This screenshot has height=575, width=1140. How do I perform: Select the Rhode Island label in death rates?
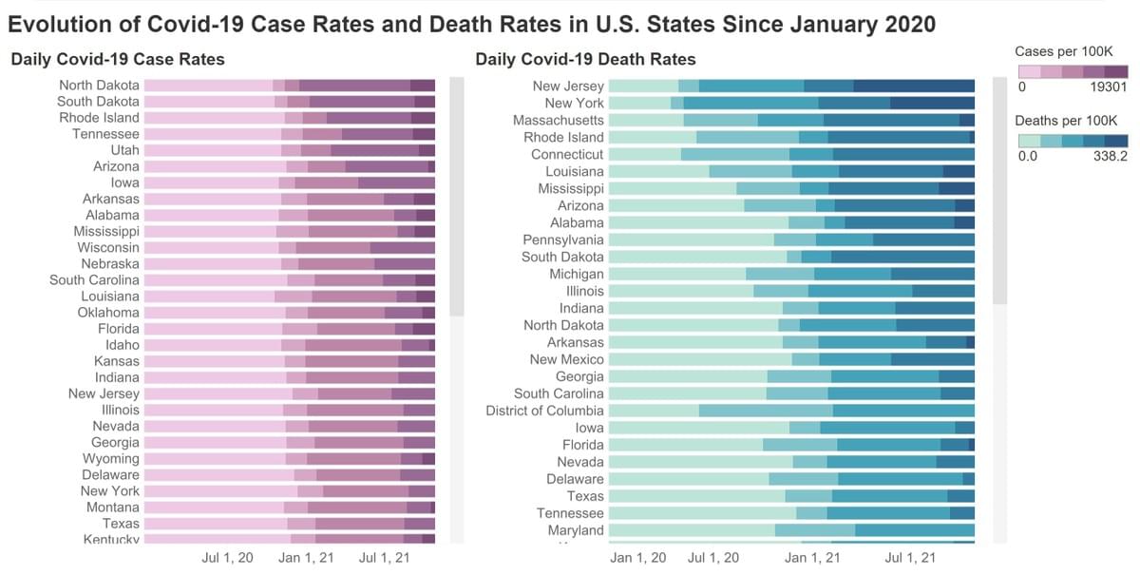tap(563, 137)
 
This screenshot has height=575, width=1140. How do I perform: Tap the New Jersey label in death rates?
tap(568, 86)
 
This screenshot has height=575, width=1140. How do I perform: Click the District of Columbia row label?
tap(544, 411)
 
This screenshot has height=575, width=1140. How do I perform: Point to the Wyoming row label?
tap(110, 459)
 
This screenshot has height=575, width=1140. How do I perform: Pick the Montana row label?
tap(111, 508)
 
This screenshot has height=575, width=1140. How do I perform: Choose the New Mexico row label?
tap(566, 360)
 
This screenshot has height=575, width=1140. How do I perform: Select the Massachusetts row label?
tap(558, 121)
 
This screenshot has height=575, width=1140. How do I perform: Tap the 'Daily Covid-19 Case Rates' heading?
tap(118, 59)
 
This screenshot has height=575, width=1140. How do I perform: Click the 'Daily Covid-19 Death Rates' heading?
tap(585, 59)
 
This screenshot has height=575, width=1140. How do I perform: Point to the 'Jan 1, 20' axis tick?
tap(636, 558)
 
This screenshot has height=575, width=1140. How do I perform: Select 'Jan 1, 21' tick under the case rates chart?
tap(306, 558)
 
